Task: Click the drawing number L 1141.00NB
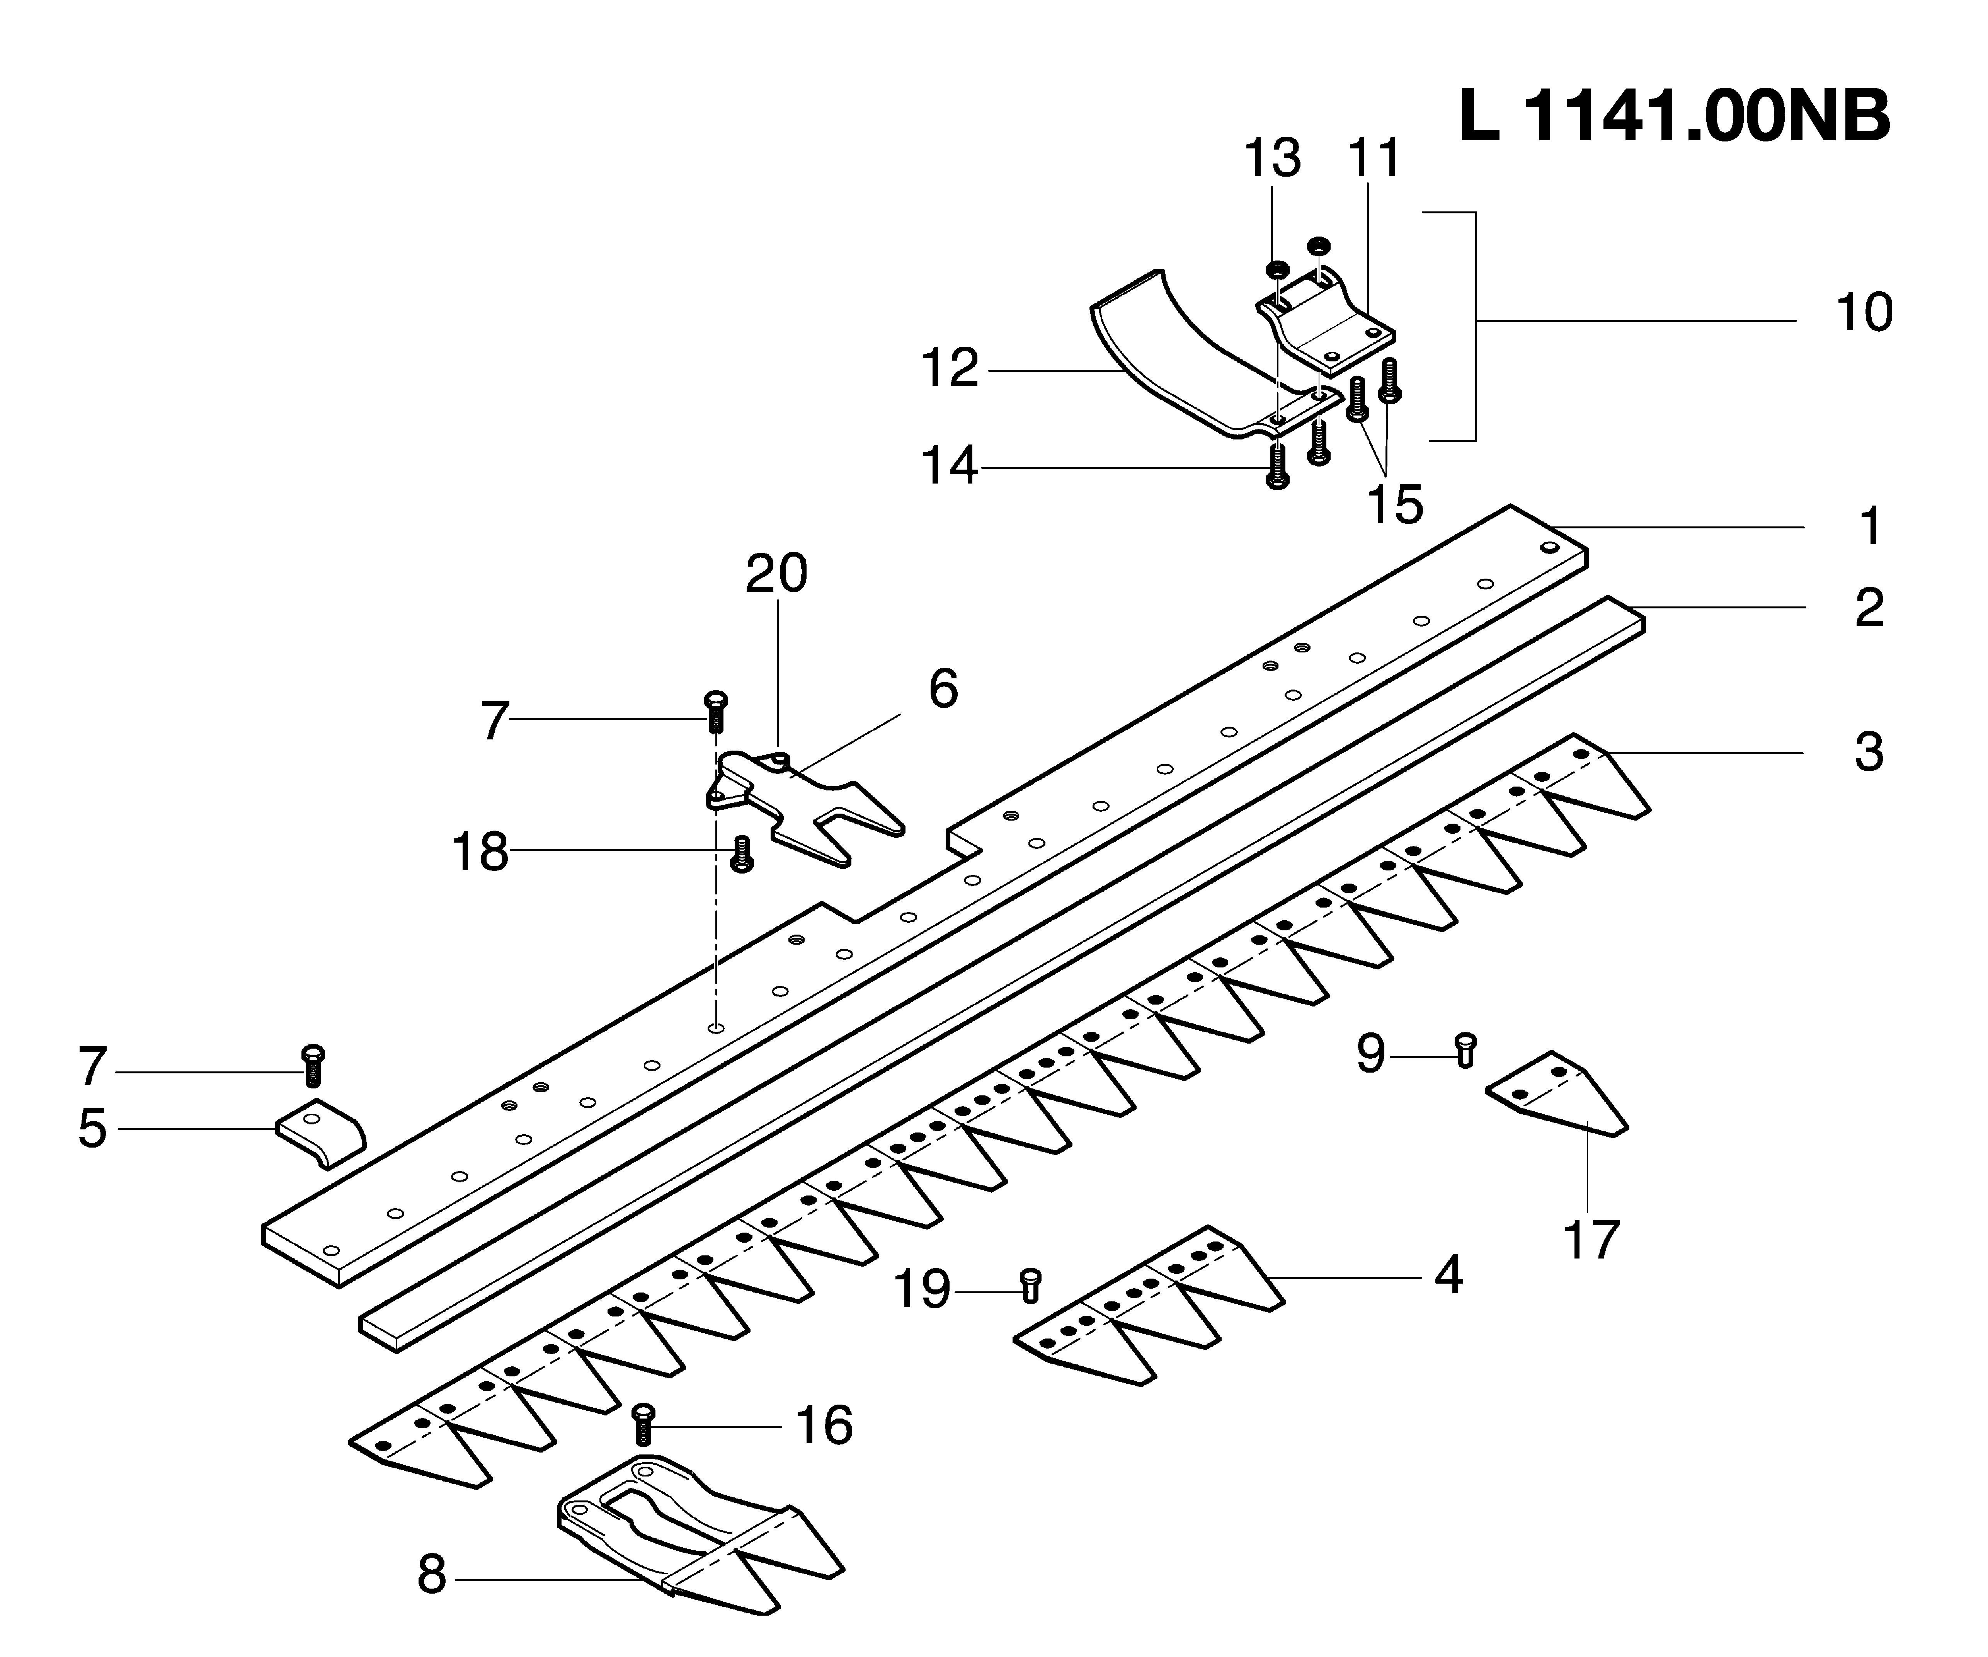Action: pyautogui.click(x=1674, y=118)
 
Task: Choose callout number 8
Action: pyautogui.click(x=432, y=1575)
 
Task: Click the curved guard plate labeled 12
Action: pyautogui.click(x=1183, y=360)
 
